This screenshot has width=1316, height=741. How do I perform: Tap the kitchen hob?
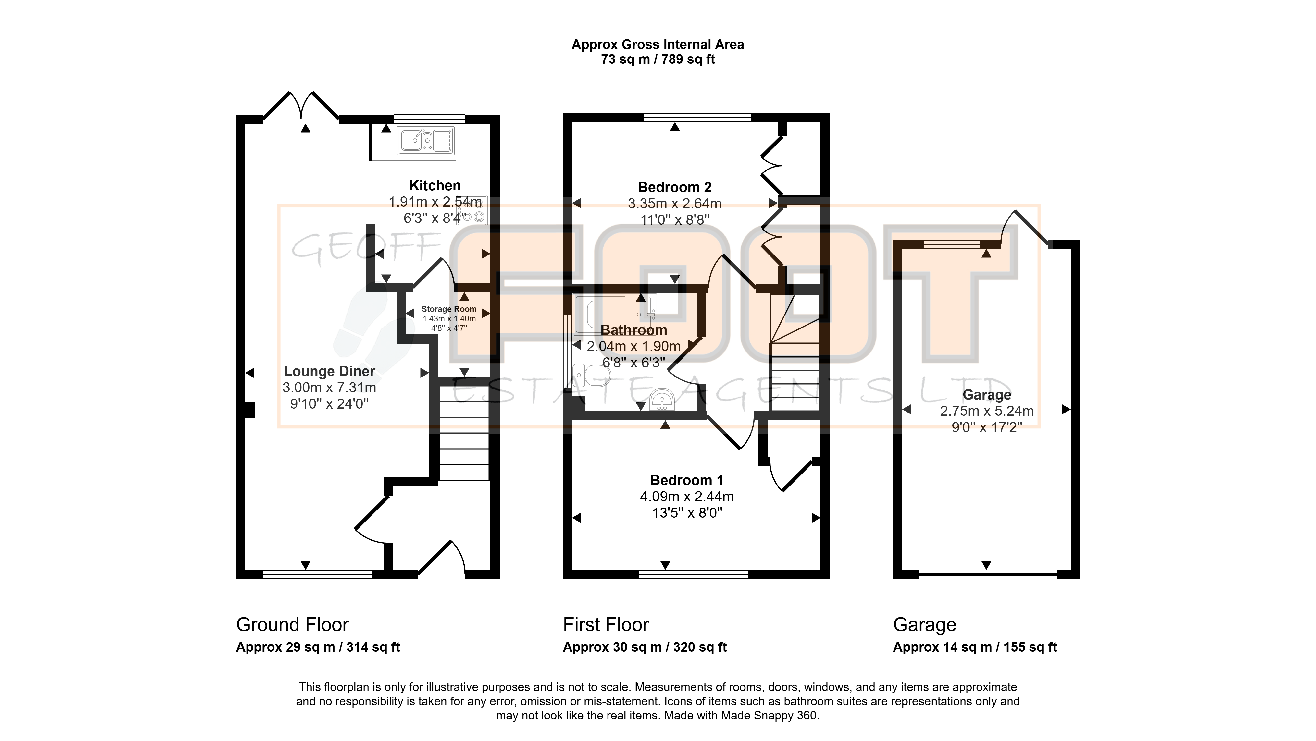pyautogui.click(x=472, y=210)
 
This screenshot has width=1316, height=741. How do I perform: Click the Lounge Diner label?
pyautogui.click(x=330, y=371)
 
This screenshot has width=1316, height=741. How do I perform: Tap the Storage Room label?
pyautogui.click(x=449, y=309)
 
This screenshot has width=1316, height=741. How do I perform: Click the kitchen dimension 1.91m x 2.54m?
pyautogui.click(x=435, y=202)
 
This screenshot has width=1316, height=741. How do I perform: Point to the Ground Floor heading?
pyautogui.click(x=292, y=625)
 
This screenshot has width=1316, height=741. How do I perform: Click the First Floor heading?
pyautogui.click(x=606, y=625)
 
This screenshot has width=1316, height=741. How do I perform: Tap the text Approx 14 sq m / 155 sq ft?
pyautogui.click(x=975, y=647)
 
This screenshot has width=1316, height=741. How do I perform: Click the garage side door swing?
pyautogui.click(x=1024, y=227)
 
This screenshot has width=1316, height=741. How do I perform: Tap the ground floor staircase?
pyautogui.click(x=464, y=433)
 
